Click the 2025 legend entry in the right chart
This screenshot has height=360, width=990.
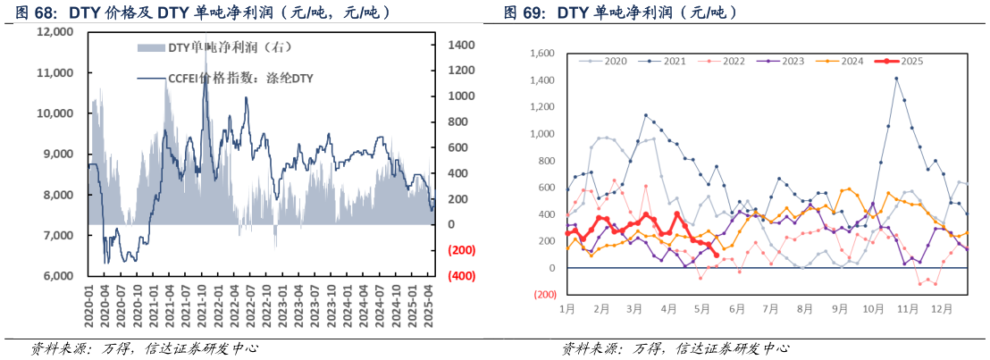[902, 61]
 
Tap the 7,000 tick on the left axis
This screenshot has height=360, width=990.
[59, 236]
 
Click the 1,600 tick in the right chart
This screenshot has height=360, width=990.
[541, 54]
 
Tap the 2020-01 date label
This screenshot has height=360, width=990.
[89, 308]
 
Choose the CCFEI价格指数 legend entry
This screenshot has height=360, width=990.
[236, 79]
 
